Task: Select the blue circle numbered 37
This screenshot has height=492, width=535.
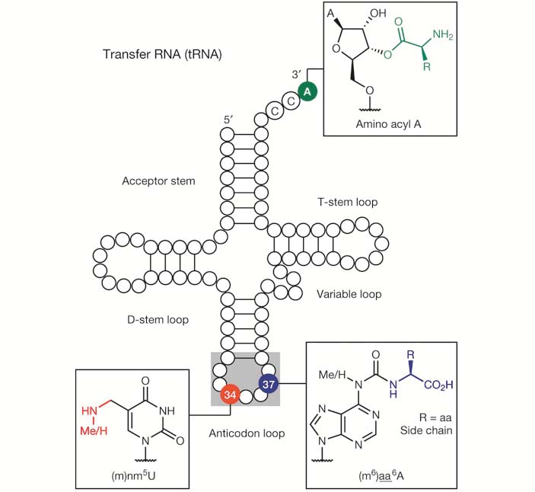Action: pos(268,385)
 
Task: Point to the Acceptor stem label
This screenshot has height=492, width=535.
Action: pos(158,181)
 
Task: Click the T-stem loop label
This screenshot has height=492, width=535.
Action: pos(347,202)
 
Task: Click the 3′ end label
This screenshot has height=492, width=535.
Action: pos(296,74)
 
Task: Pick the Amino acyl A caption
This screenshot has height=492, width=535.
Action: pos(388,124)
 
